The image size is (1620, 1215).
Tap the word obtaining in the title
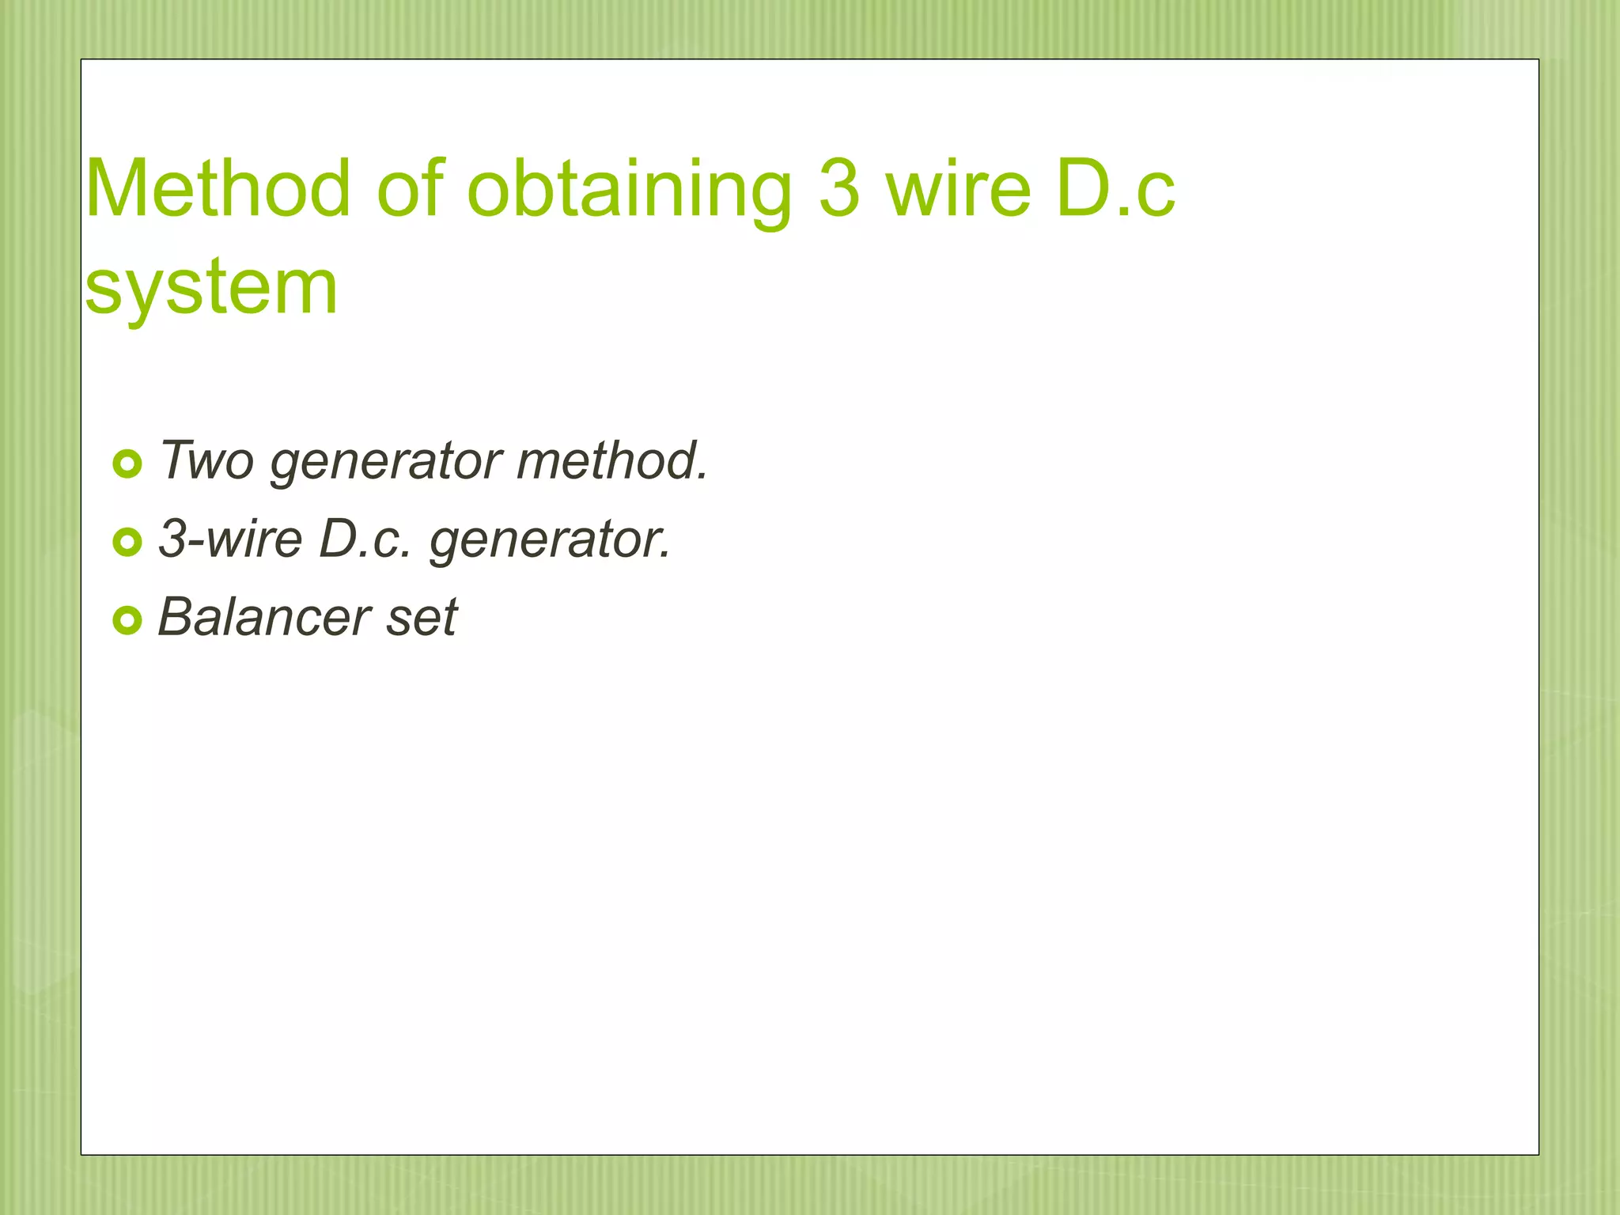coord(630,190)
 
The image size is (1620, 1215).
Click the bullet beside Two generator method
coord(127,464)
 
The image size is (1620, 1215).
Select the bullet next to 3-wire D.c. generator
coord(127,542)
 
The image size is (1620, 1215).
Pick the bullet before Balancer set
coord(127,620)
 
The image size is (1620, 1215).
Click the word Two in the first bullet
coord(207,460)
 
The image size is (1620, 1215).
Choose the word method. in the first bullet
coord(611,460)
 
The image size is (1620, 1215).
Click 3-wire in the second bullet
coord(230,539)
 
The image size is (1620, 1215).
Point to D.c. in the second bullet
coord(365,539)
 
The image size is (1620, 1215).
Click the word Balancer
coord(264,617)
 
